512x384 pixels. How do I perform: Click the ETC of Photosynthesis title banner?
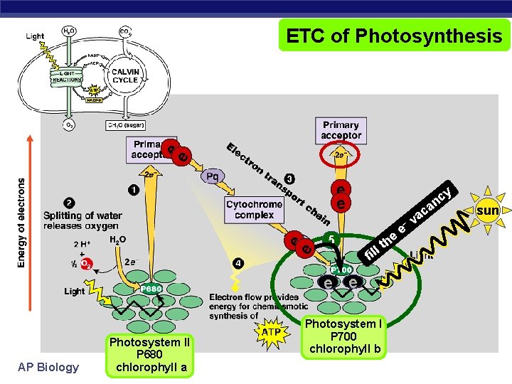coord(394,35)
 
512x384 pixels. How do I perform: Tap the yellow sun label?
coord(488,211)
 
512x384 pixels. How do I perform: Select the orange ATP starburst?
coord(271,331)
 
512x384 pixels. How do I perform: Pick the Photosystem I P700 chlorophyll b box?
coord(343,336)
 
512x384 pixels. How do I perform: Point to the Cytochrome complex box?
coord(254,209)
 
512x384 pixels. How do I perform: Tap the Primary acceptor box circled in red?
coord(341,131)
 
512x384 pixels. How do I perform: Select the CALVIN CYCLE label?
coord(125,75)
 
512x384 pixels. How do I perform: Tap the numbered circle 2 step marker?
coord(69,203)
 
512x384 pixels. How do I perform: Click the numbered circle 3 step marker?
coord(289,178)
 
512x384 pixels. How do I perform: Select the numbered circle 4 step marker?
coord(238,264)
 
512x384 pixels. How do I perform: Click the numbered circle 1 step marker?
coord(134,189)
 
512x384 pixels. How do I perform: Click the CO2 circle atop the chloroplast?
coord(125,32)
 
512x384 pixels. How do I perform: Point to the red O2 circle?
coord(86,264)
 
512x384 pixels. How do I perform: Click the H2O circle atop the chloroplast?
coord(69,32)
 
